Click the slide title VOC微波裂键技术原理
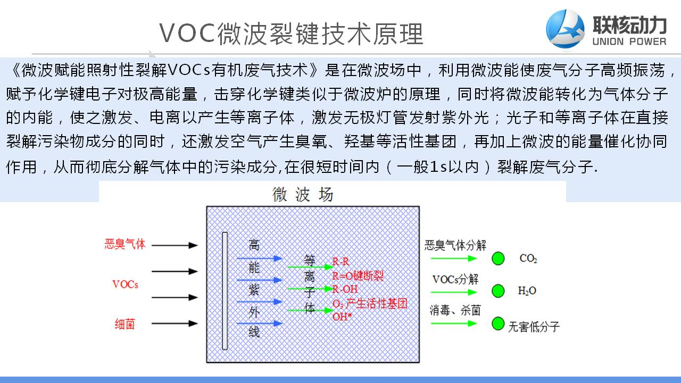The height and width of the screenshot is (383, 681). [291, 34]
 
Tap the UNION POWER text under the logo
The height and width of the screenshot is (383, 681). [629, 41]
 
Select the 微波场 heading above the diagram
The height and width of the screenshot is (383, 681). [303, 195]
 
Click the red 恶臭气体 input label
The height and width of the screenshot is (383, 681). [125, 245]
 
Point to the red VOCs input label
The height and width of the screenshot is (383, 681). [125, 284]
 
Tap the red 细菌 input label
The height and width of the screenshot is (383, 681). [125, 324]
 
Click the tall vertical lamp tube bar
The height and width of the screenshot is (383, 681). [225, 290]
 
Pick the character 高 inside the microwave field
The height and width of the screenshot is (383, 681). [254, 245]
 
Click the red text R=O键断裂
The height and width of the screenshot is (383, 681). [358, 276]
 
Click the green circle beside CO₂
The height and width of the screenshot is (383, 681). [498, 259]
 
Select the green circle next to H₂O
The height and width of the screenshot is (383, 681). [498, 290]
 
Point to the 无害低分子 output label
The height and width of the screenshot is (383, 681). [534, 326]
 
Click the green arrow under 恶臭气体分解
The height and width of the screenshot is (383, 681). [453, 259]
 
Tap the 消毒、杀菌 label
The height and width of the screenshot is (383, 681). [455, 310]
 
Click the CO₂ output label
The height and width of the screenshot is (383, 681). [528, 259]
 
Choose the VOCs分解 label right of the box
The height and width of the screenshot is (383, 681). [455, 279]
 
